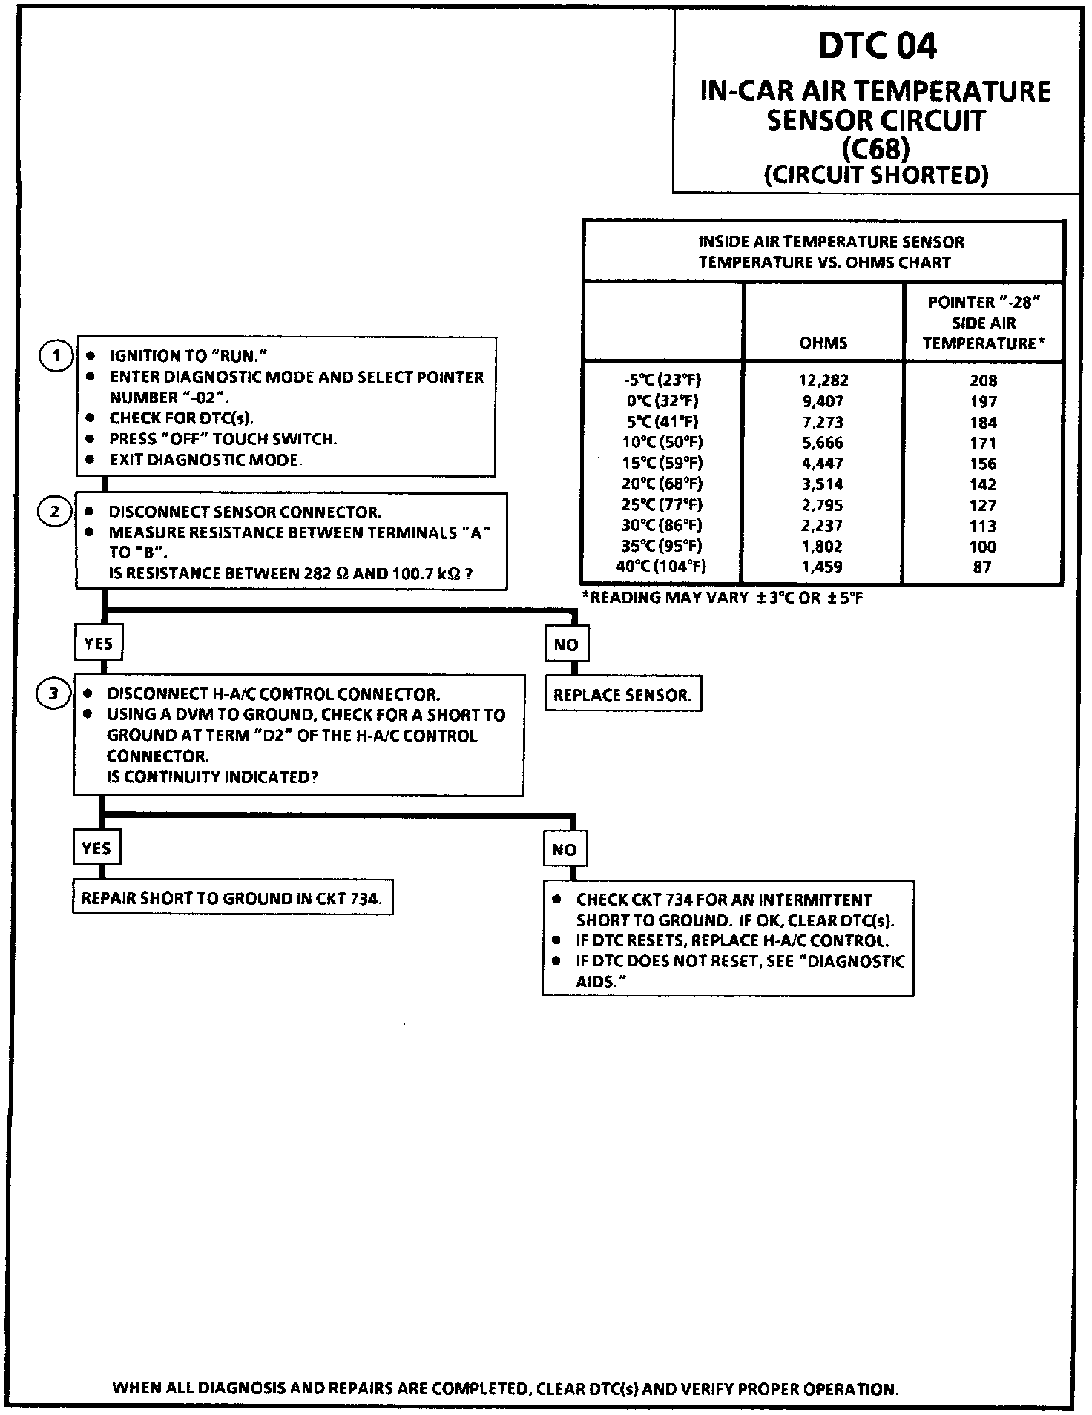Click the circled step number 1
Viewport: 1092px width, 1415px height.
[x=55, y=356]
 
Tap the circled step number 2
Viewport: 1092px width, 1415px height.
[x=55, y=512]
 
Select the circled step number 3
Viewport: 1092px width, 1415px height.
[x=53, y=694]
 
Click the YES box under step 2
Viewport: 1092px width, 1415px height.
[x=99, y=643]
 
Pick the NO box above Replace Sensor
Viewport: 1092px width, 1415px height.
[x=566, y=644]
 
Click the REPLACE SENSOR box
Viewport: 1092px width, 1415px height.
[x=622, y=695]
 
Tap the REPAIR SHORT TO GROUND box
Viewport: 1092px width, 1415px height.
[x=232, y=898]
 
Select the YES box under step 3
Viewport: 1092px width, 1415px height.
[x=96, y=848]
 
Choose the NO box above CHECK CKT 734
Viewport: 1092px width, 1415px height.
[x=565, y=849]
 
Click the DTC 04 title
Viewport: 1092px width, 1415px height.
[x=877, y=47]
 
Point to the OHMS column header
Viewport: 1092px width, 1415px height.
[x=823, y=343]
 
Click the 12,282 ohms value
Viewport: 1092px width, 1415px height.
[x=823, y=380]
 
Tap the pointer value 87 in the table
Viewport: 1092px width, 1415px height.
[x=982, y=567]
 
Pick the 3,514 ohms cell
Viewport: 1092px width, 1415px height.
[x=823, y=484]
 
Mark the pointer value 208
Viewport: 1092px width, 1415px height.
[x=983, y=381]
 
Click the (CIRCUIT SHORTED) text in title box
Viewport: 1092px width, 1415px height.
[x=876, y=175]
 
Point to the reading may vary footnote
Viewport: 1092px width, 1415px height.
[x=723, y=598]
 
